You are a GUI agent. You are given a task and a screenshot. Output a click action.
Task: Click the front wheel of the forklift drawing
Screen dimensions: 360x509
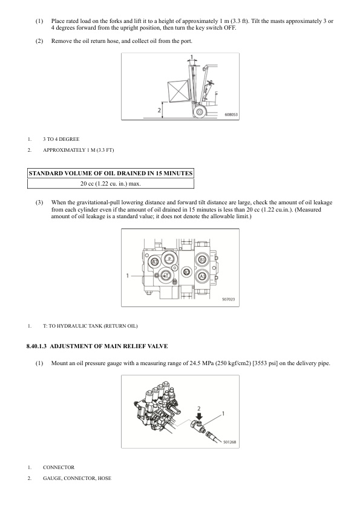point(199,112)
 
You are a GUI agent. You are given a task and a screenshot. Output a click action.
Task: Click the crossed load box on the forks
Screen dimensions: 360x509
point(178,91)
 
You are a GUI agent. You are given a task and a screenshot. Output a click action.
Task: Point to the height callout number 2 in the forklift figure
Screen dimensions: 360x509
point(159,111)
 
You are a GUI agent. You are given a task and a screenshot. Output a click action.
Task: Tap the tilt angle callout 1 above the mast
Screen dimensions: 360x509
point(192,57)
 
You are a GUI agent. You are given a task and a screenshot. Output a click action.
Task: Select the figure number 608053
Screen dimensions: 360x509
point(231,115)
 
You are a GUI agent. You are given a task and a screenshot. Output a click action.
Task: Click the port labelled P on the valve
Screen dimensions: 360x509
point(169,259)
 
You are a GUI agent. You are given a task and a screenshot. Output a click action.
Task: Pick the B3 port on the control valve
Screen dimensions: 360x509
point(202,259)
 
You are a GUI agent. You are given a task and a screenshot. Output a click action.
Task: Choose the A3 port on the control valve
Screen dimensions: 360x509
point(202,276)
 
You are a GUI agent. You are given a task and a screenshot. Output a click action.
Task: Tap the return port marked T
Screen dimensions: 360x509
point(166,275)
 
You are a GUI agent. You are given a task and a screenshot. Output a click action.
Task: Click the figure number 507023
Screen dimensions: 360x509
point(229,299)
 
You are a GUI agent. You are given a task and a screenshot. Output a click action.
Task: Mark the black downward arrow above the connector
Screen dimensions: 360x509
point(199,415)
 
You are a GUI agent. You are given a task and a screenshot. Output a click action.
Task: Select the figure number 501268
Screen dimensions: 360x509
point(230,442)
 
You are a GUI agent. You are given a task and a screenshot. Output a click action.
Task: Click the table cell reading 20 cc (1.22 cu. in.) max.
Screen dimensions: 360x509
point(111,184)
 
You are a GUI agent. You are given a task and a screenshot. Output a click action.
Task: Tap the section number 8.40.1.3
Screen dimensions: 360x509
point(36,346)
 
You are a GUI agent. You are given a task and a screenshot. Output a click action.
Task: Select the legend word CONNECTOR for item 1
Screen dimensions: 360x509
point(59,467)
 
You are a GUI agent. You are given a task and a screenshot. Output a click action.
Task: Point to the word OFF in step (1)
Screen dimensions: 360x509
point(230,28)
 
